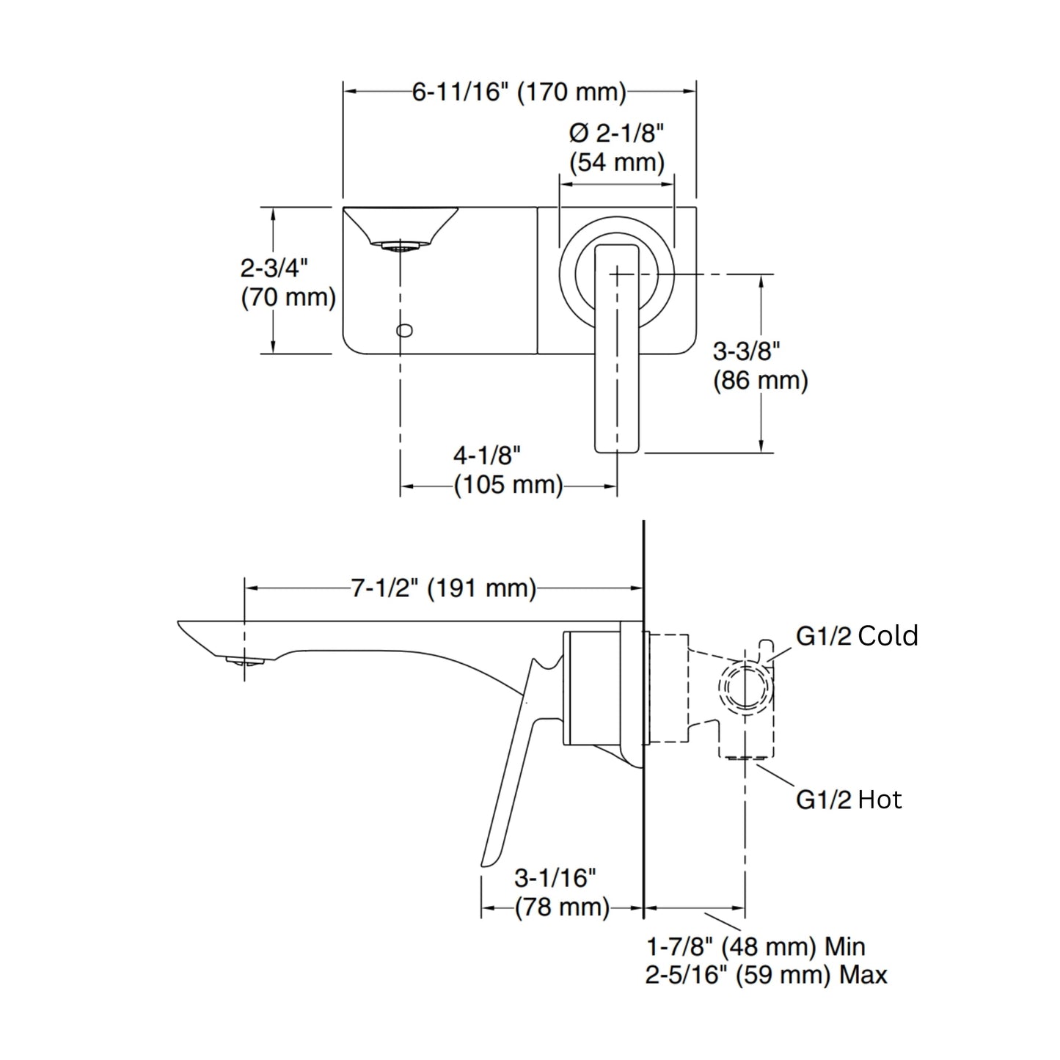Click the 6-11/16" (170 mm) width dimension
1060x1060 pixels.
coord(519,92)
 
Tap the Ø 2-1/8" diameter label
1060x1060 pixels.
coord(616,134)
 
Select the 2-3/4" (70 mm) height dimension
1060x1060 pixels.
coord(288,282)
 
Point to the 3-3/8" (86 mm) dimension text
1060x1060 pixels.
coord(760,366)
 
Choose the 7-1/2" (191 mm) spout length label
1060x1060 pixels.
coord(443,588)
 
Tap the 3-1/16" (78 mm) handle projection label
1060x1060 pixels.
coord(561,892)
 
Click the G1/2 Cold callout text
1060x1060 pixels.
coord(857,636)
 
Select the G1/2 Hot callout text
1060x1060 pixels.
coord(848,799)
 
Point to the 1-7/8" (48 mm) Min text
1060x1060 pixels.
coord(756,947)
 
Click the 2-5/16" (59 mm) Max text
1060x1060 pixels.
coord(766,975)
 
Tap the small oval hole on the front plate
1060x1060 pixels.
coord(404,330)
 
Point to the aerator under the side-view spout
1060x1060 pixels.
coord(245,662)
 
